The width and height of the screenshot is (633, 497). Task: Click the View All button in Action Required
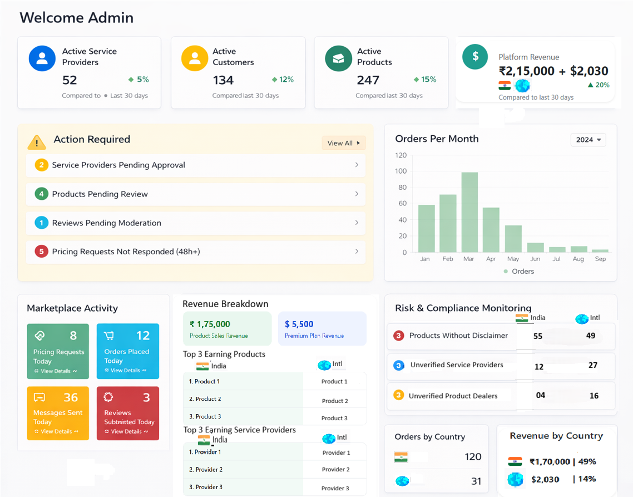coord(343,143)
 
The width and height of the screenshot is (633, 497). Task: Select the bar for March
coord(469,212)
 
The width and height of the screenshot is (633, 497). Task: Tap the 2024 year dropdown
coord(588,140)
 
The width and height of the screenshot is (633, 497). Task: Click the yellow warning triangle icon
coord(37,142)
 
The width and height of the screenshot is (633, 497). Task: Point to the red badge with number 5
coord(41,252)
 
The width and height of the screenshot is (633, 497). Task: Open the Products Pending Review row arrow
coord(357,194)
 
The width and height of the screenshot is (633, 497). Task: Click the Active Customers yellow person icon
coord(195,58)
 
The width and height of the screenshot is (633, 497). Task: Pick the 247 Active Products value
coord(368,80)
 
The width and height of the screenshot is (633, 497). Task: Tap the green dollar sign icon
coord(475,56)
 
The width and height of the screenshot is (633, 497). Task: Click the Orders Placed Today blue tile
coord(127,351)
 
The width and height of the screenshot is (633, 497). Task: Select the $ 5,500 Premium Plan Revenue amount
coord(299,324)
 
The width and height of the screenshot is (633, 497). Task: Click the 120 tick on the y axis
coord(400,155)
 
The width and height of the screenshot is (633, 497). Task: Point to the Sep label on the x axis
coord(600,259)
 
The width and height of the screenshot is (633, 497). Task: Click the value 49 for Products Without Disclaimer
coord(591,336)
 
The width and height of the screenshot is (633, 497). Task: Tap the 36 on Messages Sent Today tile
coord(71,397)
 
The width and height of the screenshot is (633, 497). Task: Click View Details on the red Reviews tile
coord(129,431)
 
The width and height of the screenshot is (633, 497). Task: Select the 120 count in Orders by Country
coord(473,457)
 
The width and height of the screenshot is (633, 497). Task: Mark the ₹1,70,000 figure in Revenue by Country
coord(550,461)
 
